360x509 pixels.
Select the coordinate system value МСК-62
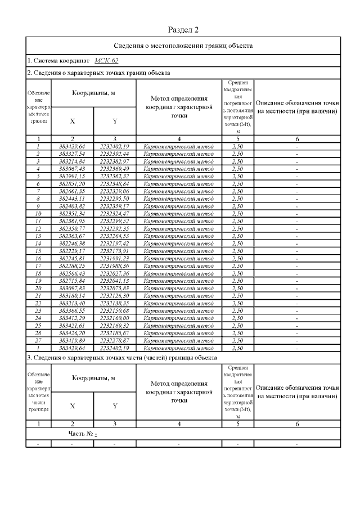[106, 61]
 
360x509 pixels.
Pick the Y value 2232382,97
[114, 161]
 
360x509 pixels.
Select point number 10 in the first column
[39, 214]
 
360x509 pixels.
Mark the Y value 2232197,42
[114, 244]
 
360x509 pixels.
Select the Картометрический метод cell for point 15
[179, 251]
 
